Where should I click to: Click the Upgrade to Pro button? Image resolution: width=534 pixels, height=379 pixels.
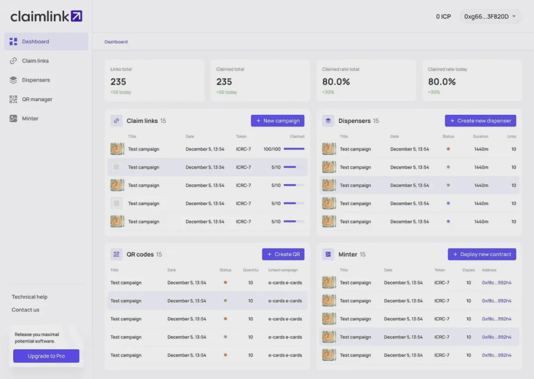(x=46, y=356)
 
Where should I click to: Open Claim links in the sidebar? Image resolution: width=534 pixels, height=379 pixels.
(x=35, y=61)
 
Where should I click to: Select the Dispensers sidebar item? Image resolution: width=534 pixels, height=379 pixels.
(x=36, y=80)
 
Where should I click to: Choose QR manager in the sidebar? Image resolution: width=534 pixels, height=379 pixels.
(x=37, y=99)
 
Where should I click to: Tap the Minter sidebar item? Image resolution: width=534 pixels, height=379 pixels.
(x=30, y=118)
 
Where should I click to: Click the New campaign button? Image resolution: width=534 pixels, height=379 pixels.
(x=277, y=121)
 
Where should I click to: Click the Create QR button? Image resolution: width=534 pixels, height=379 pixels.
(x=283, y=254)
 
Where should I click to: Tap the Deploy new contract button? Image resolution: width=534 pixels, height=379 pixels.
(x=482, y=254)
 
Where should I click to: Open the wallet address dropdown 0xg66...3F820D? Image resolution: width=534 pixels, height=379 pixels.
(x=490, y=17)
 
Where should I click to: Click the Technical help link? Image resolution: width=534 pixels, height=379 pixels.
(x=30, y=297)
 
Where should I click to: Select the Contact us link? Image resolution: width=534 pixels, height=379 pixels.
(x=25, y=310)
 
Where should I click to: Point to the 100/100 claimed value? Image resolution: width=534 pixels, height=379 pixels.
(x=272, y=149)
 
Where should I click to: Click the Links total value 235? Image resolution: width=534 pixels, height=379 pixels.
(x=118, y=82)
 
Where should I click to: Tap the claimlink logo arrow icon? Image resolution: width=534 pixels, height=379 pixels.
(x=77, y=16)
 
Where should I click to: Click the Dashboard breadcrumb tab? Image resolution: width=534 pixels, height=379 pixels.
(x=116, y=42)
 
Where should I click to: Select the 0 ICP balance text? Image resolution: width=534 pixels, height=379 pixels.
(x=443, y=17)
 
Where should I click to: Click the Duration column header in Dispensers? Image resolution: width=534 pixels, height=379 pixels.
(x=480, y=137)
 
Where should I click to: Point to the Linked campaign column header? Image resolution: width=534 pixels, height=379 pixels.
(x=283, y=270)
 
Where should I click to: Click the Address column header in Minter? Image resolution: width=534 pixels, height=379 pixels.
(x=489, y=270)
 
